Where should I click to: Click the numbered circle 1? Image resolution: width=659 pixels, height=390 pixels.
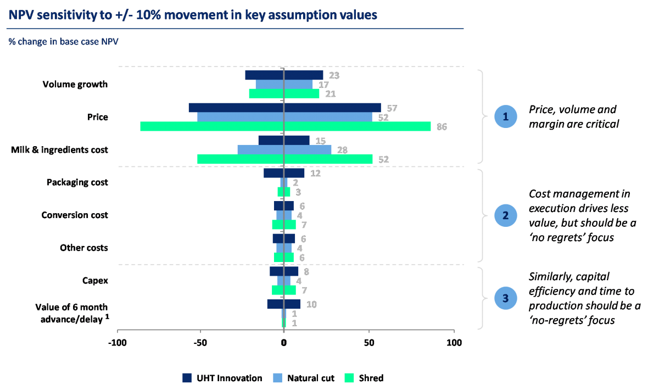[505, 116]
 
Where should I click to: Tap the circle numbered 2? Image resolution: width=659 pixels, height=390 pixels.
[505, 215]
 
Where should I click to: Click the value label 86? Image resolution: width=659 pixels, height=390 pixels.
[442, 127]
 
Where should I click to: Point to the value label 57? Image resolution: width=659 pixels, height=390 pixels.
[392, 108]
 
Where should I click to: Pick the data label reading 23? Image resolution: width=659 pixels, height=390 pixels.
[334, 75]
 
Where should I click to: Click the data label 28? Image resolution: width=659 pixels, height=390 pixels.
[343, 150]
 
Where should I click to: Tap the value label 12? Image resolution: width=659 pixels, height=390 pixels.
[315, 173]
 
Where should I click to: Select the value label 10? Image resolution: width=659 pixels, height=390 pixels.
[311, 304]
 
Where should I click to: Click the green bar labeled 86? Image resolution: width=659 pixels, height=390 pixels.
[286, 126]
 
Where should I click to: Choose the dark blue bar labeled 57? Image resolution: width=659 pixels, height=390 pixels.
[284, 108]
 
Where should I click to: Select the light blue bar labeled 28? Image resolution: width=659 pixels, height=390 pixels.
[284, 149]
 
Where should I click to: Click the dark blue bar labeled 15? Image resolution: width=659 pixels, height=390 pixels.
[284, 140]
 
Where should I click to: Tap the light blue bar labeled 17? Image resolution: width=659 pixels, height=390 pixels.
[284, 85]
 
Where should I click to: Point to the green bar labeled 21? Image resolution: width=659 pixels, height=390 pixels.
[284, 94]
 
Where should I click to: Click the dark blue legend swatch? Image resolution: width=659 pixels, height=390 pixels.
[187, 378]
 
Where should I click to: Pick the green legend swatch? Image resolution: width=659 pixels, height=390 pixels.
[349, 378]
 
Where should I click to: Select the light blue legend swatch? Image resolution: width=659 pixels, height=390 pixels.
[277, 378]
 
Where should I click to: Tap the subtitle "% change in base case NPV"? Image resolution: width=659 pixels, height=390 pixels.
[63, 41]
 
